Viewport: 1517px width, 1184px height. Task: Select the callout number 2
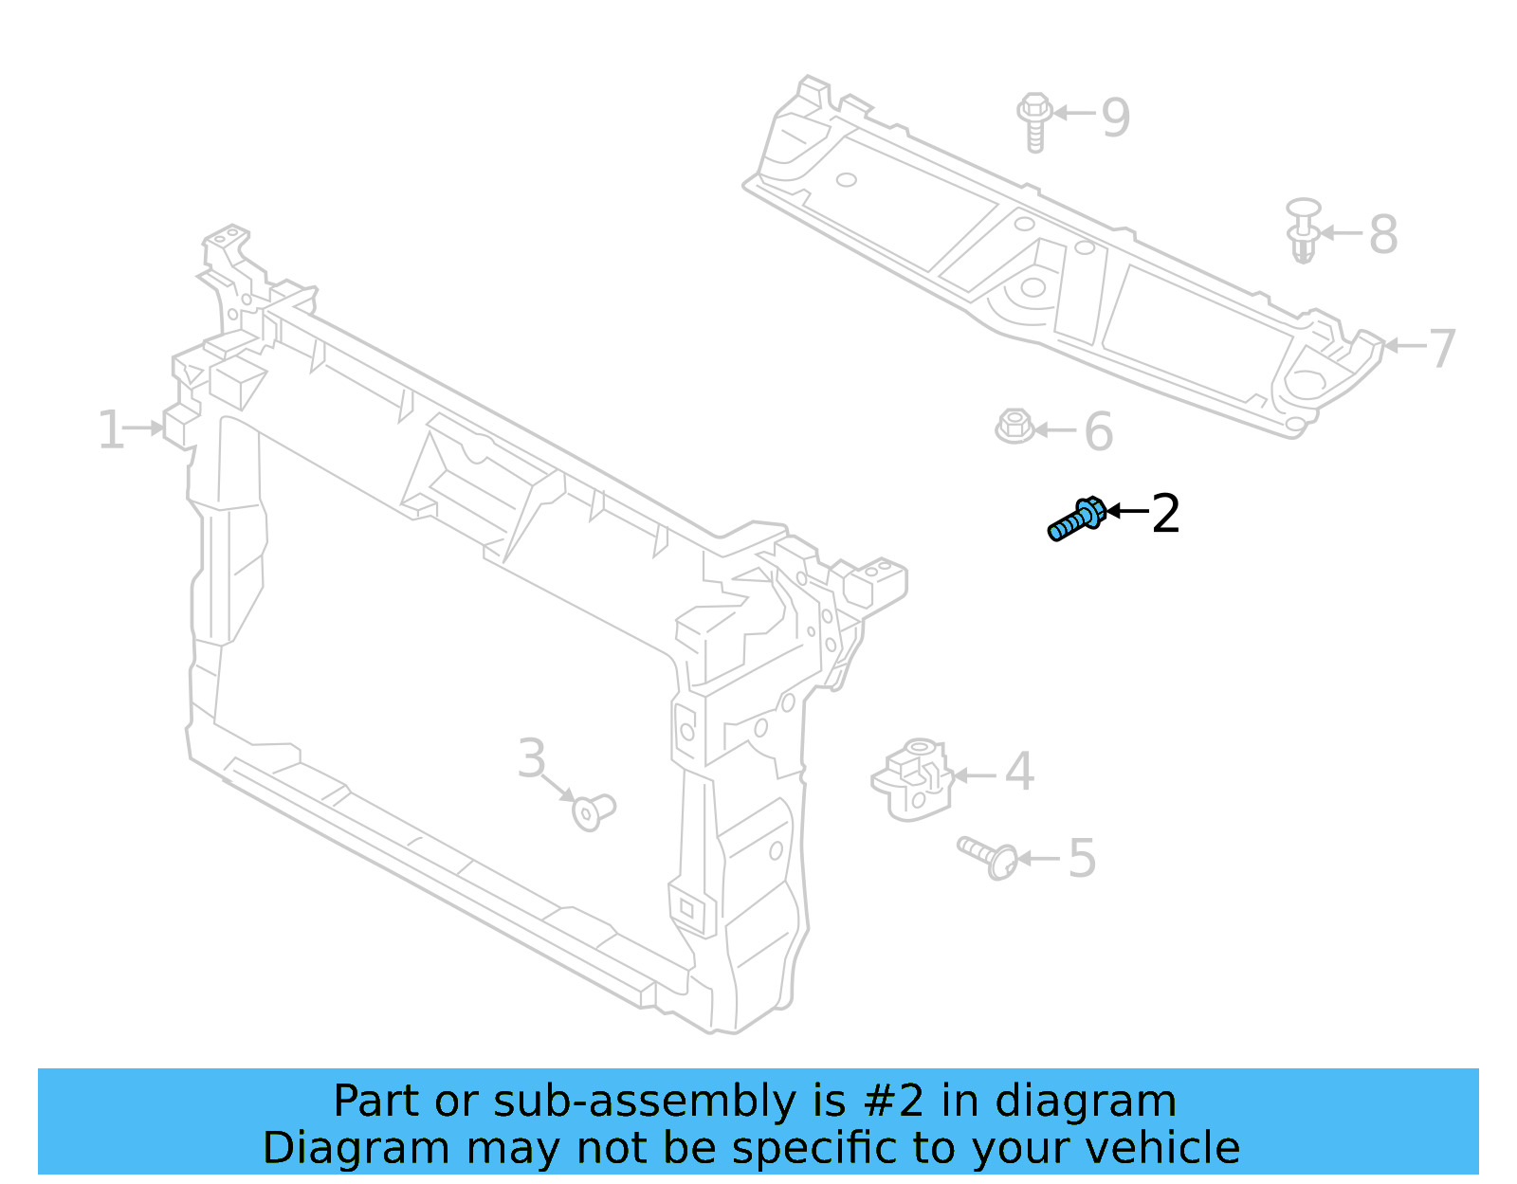1165,514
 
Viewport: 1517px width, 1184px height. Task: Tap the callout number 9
1116,118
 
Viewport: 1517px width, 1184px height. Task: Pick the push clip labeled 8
1304,229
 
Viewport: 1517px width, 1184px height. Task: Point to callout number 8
1383,234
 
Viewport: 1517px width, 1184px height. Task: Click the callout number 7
1442,348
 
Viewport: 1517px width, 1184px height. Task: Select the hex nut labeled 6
1014,427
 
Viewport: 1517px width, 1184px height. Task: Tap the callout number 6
1098,432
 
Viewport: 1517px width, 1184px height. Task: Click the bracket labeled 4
912,778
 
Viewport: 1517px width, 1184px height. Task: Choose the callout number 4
1019,772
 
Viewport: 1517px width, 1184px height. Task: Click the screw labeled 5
989,856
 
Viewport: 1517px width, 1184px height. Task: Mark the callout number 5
1082,859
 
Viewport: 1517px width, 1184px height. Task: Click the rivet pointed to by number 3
594,811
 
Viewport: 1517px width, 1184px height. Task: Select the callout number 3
532,758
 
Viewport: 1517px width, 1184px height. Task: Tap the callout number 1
110,430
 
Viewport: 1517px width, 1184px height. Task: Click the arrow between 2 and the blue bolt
1127,511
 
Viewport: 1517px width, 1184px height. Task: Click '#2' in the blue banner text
894,1102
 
